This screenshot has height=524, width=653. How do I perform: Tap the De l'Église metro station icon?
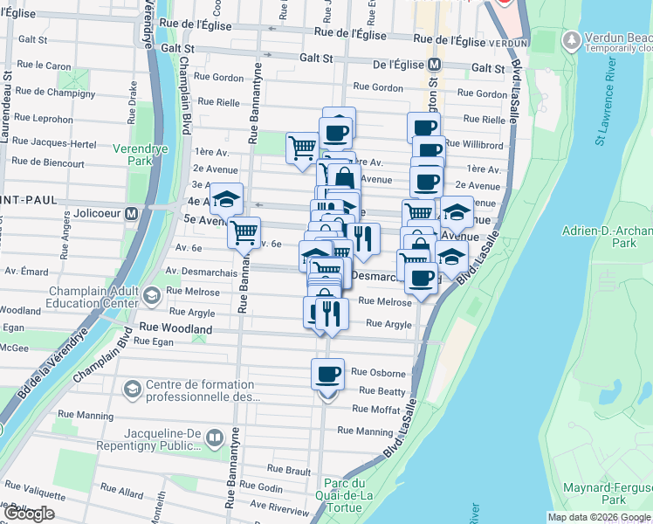click(x=434, y=65)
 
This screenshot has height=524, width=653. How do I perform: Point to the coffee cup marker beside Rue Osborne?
click(x=327, y=374)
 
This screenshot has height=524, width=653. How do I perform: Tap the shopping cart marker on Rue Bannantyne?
click(x=244, y=232)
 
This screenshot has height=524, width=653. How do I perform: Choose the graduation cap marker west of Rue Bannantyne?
click(x=226, y=200)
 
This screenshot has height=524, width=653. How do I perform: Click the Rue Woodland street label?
click(x=175, y=329)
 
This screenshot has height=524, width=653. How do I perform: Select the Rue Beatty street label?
click(x=378, y=392)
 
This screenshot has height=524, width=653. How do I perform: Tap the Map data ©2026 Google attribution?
click(x=600, y=517)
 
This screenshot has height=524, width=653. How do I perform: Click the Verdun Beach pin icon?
click(x=572, y=40)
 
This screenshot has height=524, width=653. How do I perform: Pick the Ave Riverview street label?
click(x=279, y=507)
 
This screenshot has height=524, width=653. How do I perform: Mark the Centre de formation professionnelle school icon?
click(x=133, y=387)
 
